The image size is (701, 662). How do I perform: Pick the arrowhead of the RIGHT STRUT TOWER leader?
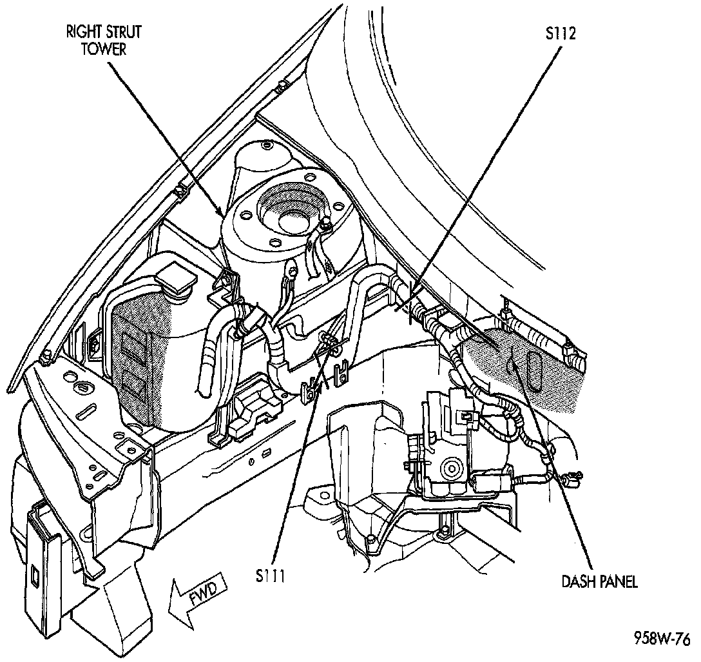[222, 216]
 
